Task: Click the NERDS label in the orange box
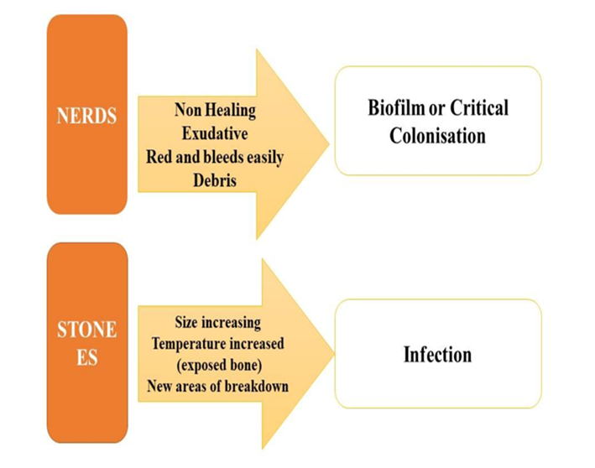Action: tap(86, 116)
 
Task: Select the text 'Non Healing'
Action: tap(215, 110)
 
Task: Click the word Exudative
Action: tap(215, 133)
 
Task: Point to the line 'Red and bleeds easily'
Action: tap(215, 157)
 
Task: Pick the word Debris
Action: tap(215, 180)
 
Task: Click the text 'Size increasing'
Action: tap(217, 322)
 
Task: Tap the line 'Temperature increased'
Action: tap(217, 343)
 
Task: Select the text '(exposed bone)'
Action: tap(217, 365)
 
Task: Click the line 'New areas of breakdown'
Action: tap(217, 387)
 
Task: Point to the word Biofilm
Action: tap(396, 108)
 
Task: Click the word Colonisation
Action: tap(437, 135)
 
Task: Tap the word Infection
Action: tap(437, 354)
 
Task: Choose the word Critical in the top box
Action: tap(479, 108)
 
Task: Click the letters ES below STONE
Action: tap(87, 357)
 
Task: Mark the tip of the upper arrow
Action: tap(328, 143)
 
